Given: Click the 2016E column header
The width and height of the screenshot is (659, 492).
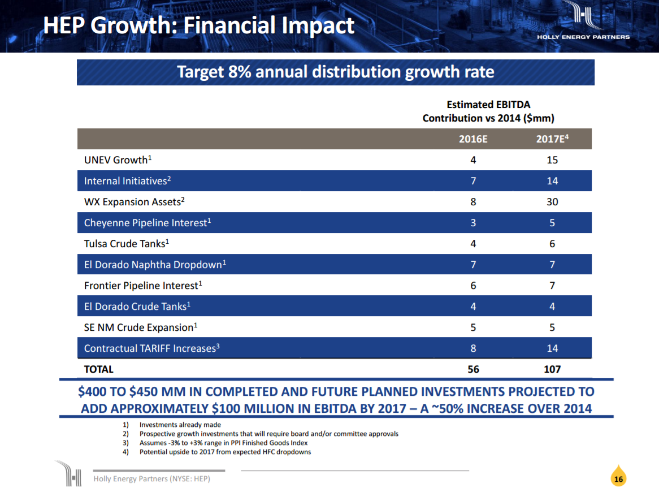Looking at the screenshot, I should click(473, 140).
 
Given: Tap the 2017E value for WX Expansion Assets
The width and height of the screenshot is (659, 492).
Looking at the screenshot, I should click(552, 202).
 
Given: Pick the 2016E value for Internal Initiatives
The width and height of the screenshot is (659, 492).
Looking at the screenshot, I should click(473, 181).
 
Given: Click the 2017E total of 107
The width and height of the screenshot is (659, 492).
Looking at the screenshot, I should click(552, 369).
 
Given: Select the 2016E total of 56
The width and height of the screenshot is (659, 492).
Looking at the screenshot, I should click(473, 369).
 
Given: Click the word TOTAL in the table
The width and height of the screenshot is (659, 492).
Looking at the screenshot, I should click(99, 369).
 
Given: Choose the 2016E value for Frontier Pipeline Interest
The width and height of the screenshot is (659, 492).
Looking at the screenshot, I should click(473, 286).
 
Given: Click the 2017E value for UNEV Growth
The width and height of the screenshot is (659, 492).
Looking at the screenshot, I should click(552, 160).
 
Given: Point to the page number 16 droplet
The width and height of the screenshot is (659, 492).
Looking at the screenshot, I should click(618, 478).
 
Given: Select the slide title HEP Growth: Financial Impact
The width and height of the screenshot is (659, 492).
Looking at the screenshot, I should click(199, 25).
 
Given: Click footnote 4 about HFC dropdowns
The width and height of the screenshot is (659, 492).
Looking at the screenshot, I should click(225, 452).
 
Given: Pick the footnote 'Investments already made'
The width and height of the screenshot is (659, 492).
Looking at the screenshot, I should click(180, 425).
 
